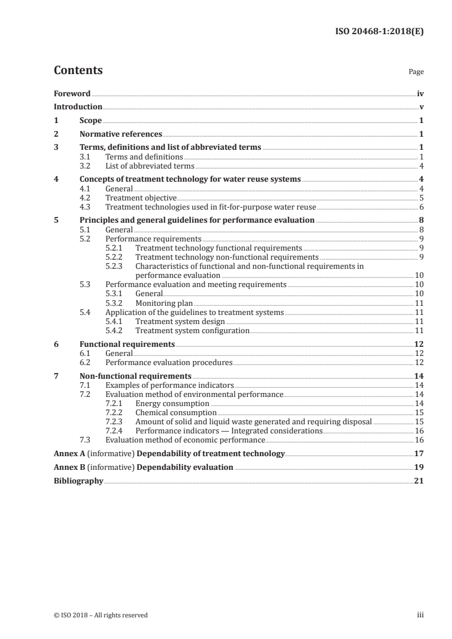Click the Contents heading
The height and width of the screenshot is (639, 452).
pos(78,71)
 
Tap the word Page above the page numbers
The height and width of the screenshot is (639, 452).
pos(416,72)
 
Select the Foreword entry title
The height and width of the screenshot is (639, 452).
pos(72,93)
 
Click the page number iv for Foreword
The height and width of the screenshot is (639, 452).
pos(420,93)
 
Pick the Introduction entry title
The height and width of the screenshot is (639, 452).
pos(78,107)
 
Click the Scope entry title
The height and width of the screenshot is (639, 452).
pos(91,121)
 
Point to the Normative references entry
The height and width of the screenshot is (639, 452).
pos(121,134)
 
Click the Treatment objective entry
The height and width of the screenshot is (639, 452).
pos(141,198)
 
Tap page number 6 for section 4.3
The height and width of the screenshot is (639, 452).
pos(421,207)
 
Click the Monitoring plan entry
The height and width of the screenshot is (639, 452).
pos(164,303)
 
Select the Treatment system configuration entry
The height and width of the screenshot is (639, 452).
pos(192,330)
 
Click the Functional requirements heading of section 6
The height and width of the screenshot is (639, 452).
pos(127,345)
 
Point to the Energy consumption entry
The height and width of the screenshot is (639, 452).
pos(172,403)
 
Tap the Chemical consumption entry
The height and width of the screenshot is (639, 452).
pos(176,412)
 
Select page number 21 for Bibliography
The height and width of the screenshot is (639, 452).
pos(419,481)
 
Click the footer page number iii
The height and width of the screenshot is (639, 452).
pos(421,615)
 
